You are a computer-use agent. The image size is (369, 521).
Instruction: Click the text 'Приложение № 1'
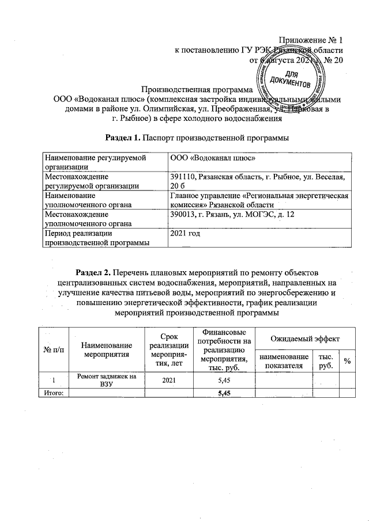pyautogui.click(x=311, y=40)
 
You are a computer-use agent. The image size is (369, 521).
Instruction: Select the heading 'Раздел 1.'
pyautogui.click(x=126, y=138)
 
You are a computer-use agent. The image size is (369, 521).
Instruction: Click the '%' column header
pyautogui.click(x=347, y=361)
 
